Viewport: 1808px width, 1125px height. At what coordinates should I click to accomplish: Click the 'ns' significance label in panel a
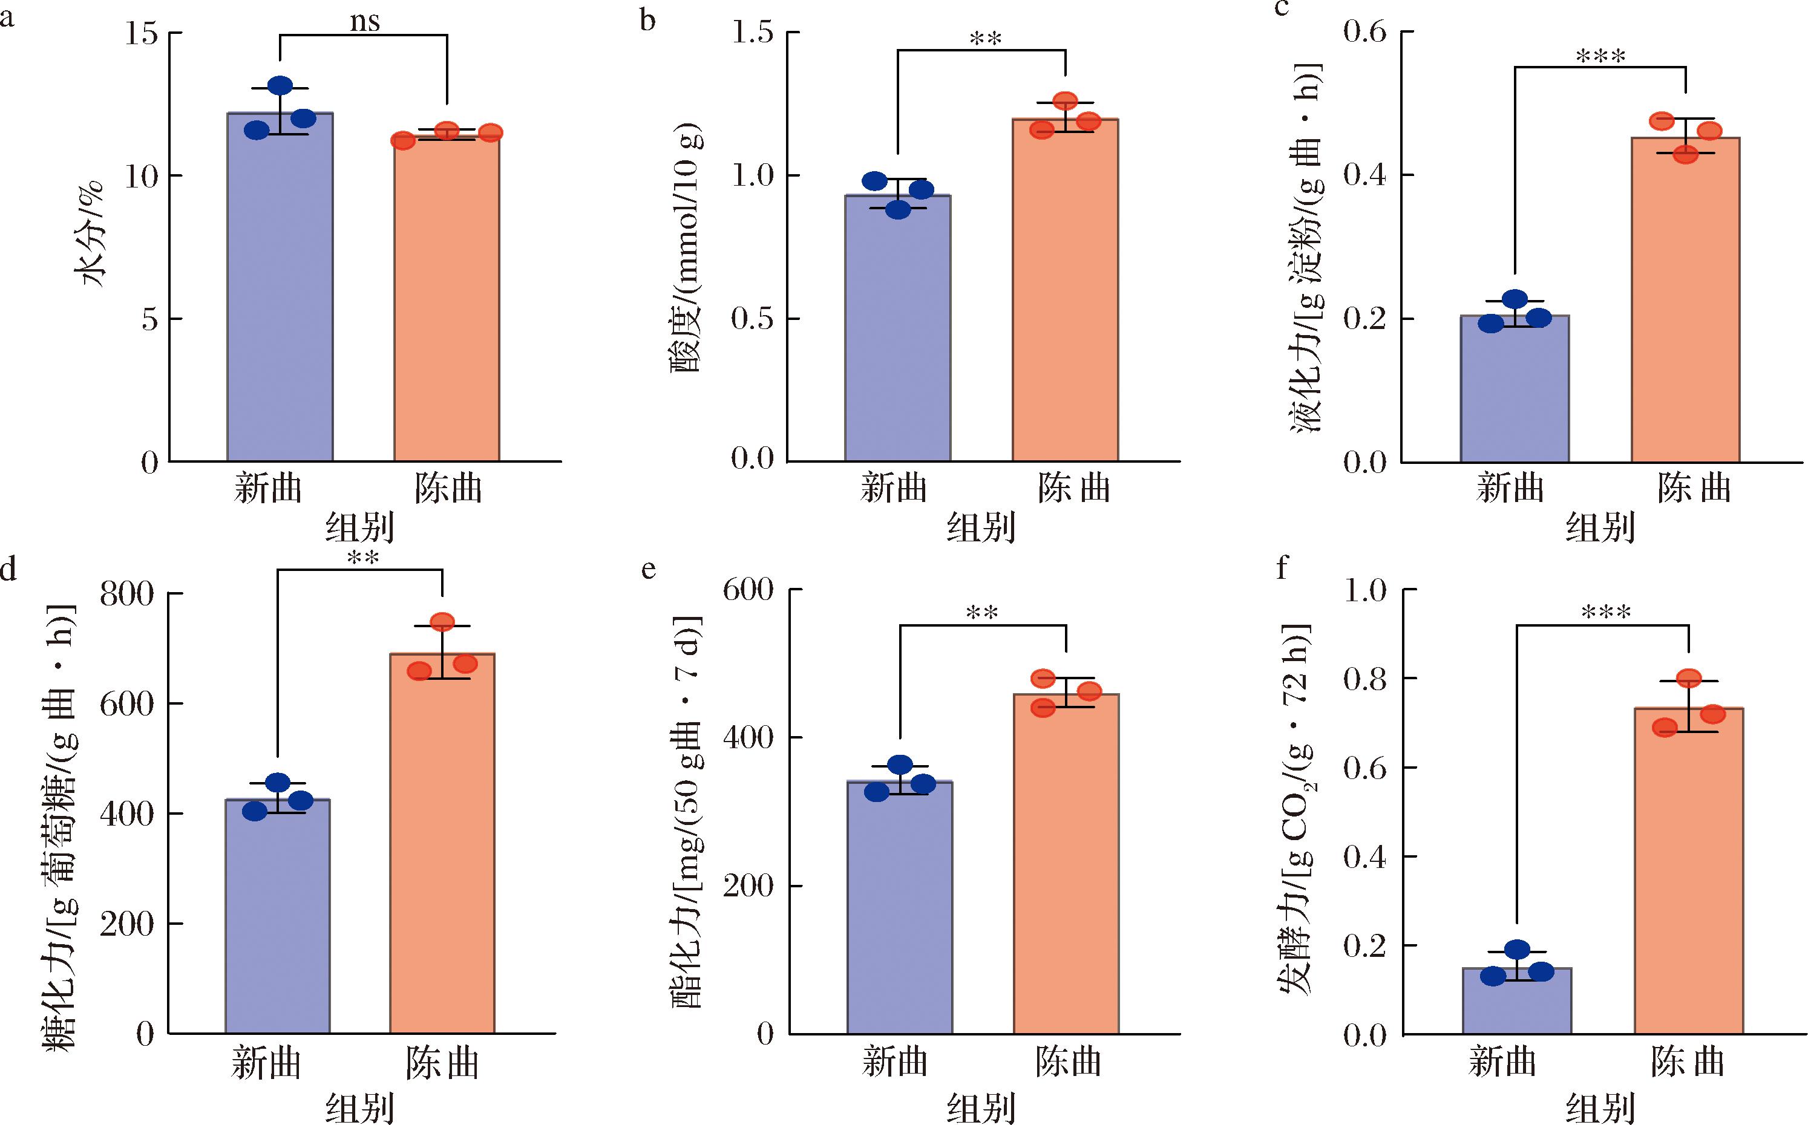(x=365, y=22)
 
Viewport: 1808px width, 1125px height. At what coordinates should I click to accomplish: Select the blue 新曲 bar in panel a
(x=280, y=287)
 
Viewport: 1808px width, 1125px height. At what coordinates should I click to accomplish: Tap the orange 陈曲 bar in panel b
(x=1065, y=290)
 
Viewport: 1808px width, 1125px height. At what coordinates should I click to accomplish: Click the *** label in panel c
(x=1601, y=56)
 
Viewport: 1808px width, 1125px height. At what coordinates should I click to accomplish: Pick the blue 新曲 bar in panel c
(x=1515, y=388)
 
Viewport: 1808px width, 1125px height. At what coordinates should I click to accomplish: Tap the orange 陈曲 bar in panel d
(x=442, y=843)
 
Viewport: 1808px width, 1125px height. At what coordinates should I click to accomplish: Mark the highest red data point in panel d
(x=442, y=622)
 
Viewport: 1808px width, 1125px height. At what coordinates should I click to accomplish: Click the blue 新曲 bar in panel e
(x=900, y=908)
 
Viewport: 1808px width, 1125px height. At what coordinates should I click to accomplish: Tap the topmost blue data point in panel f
(x=1517, y=950)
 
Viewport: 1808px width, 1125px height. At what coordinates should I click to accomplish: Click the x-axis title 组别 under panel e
(x=981, y=1107)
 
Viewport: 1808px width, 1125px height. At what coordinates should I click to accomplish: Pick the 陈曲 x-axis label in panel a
(x=448, y=489)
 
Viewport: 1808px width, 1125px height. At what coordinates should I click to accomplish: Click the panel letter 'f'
(x=1282, y=569)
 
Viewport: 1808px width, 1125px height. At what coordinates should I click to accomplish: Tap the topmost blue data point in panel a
(x=280, y=85)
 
